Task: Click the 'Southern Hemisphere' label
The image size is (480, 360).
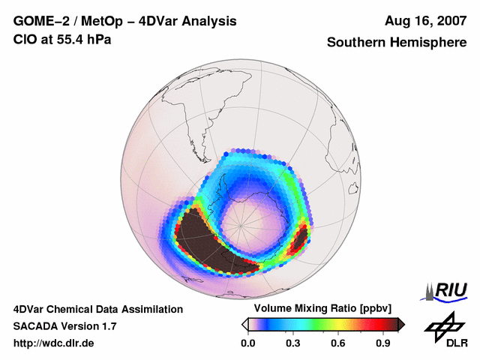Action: click(396, 43)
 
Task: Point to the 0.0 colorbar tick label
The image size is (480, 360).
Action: click(247, 343)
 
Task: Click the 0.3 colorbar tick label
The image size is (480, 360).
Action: click(293, 343)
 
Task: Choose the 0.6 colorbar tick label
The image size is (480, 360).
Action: click(339, 343)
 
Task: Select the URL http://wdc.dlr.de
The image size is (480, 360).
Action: click(54, 343)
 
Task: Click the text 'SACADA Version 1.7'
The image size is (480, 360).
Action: click(64, 326)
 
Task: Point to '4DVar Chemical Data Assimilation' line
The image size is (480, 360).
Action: click(97, 309)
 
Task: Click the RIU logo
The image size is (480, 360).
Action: click(443, 290)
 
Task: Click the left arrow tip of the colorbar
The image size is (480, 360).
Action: click(244, 324)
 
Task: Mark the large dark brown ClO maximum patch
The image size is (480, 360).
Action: click(214, 240)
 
